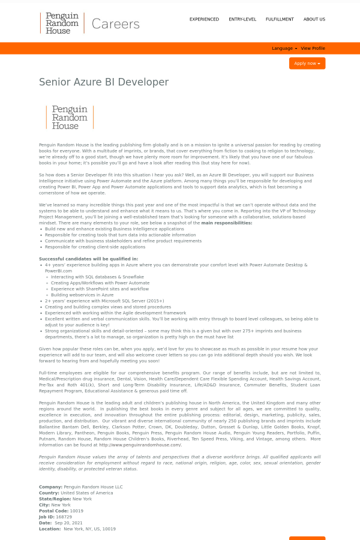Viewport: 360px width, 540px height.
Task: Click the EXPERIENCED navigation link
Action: pyautogui.click(x=204, y=19)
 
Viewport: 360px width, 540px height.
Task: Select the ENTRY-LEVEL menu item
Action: pyautogui.click(x=242, y=19)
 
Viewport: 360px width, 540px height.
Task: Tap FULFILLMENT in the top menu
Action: pyautogui.click(x=280, y=19)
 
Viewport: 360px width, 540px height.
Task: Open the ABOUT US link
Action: pyautogui.click(x=314, y=19)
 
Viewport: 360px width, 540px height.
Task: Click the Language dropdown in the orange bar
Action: pyautogui.click(x=284, y=49)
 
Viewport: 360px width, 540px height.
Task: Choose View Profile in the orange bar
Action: pyautogui.click(x=313, y=49)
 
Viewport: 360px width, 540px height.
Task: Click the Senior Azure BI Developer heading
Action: pyautogui.click(x=104, y=82)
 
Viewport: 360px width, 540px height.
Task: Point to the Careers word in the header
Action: pyautogui.click(x=116, y=24)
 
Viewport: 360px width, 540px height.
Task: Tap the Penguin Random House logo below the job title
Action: pyautogui.click(x=70, y=118)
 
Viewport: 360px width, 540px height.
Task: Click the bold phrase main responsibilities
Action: pyautogui.click(x=227, y=223)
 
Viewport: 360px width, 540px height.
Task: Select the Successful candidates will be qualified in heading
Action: pyautogui.click(x=88, y=259)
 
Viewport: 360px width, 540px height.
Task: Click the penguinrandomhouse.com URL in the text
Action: pyautogui.click(x=140, y=445)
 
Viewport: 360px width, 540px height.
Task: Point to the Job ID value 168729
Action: pyautogui.click(x=64, y=517)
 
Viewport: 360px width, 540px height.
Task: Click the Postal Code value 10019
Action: pyautogui.click(x=77, y=511)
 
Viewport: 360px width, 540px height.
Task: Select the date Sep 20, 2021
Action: pyautogui.click(x=68, y=523)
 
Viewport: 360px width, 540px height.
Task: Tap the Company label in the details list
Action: pyautogui.click(x=50, y=487)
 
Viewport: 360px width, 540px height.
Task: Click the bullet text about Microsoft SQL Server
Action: pyautogui.click(x=104, y=301)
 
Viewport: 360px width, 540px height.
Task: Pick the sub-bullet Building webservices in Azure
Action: pyautogui.click(x=82, y=295)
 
